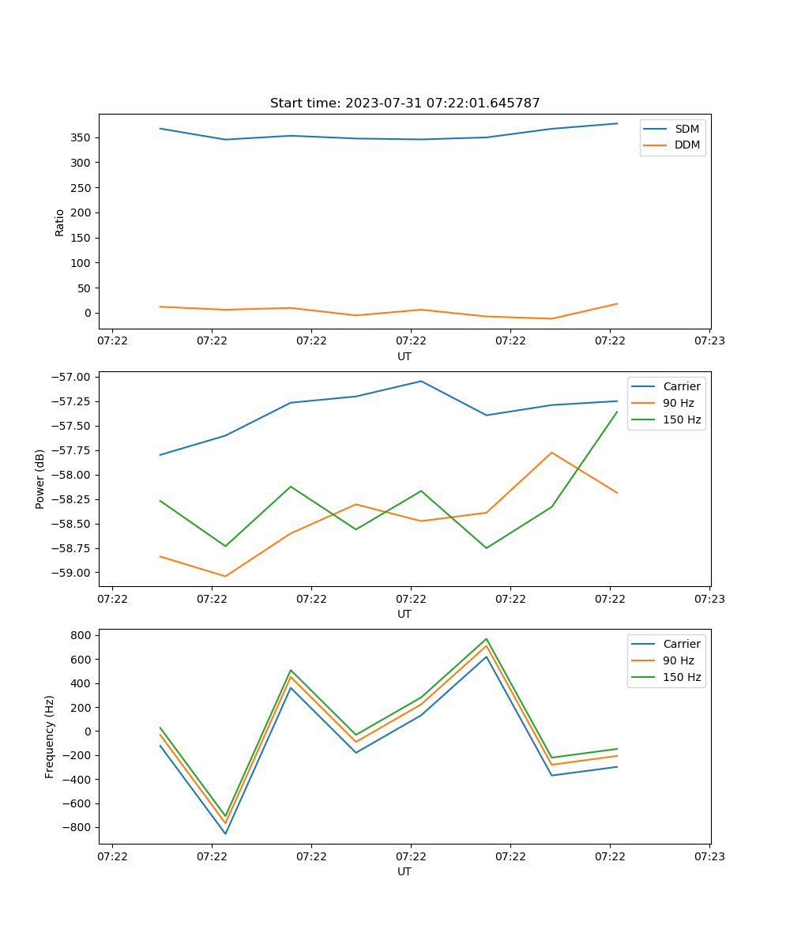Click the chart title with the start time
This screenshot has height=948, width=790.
tap(404, 103)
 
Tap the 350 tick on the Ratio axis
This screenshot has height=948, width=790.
tap(81, 137)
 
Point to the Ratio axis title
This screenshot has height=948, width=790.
tap(60, 222)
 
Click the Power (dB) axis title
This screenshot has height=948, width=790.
tap(40, 480)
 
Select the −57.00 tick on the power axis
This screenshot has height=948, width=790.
tap(72, 377)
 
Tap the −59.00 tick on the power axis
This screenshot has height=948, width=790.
tap(72, 573)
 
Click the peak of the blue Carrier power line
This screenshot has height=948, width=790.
tap(420, 382)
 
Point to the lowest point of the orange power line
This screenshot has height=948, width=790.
tap(225, 576)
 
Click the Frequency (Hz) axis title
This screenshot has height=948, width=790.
tap(50, 737)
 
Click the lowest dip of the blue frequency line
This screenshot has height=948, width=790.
tap(225, 833)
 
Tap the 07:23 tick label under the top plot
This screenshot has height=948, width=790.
tap(709, 341)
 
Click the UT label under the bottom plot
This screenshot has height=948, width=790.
tap(404, 871)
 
